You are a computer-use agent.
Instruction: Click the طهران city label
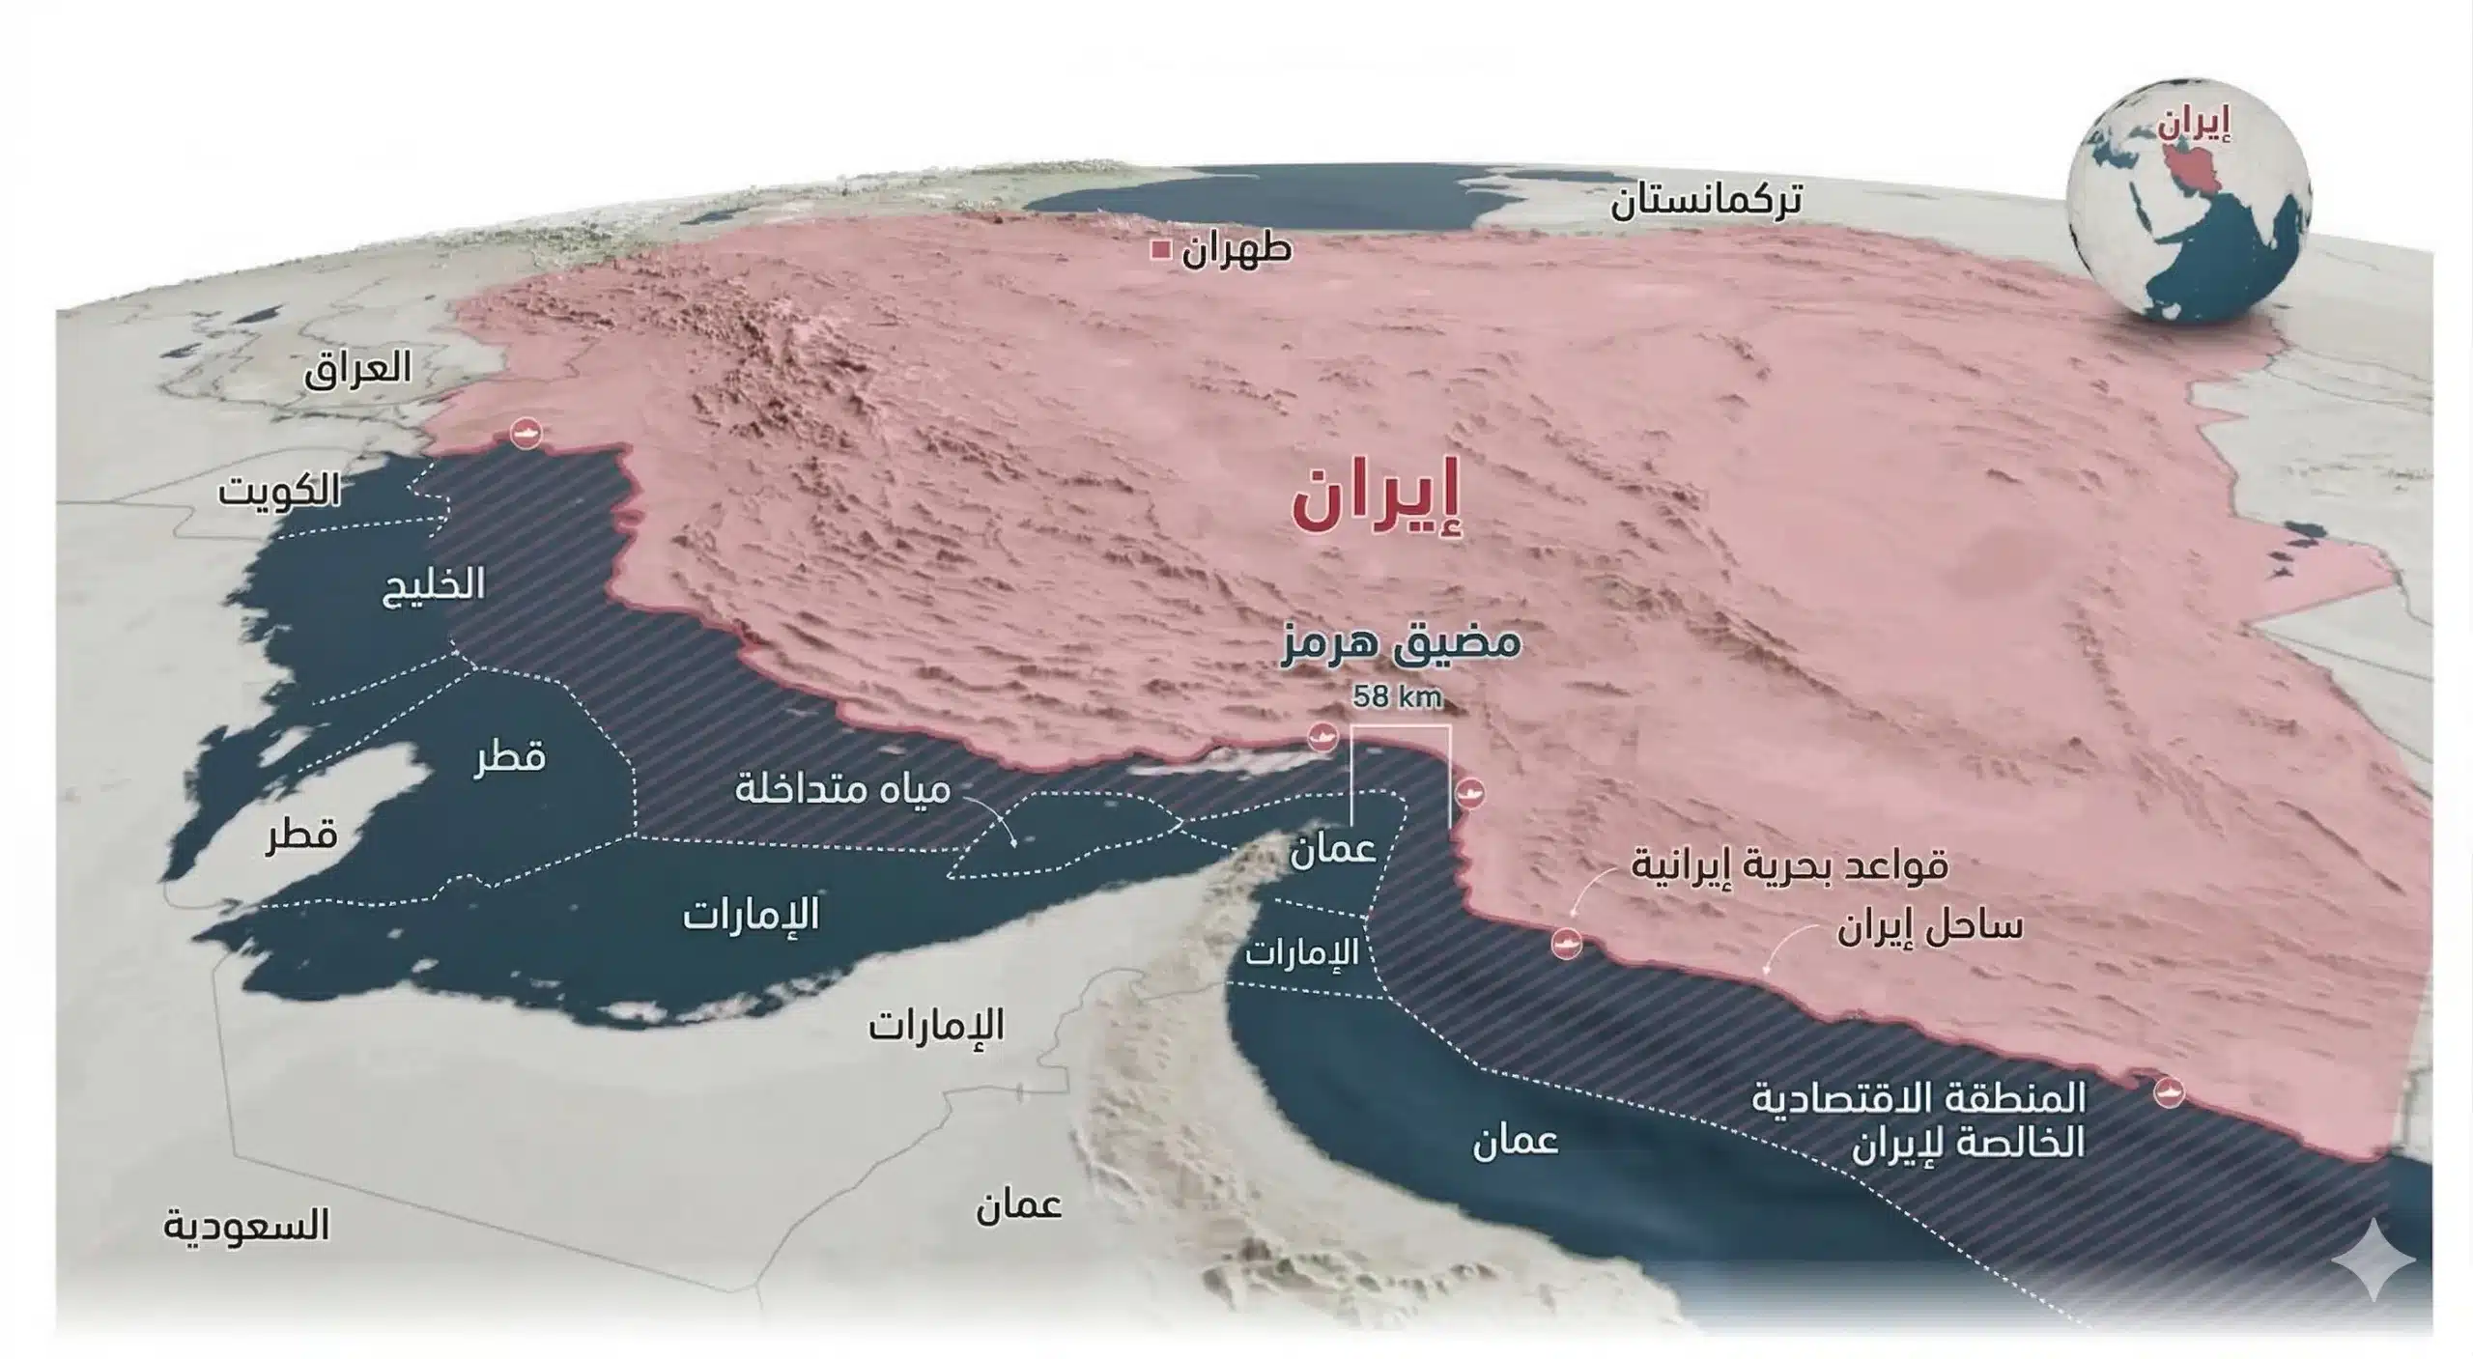(1236, 250)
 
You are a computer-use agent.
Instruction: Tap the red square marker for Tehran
(1161, 251)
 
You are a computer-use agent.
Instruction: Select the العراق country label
(357, 369)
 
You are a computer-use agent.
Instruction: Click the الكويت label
(279, 491)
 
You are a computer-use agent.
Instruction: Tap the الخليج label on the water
(434, 584)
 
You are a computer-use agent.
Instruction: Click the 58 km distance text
(1397, 696)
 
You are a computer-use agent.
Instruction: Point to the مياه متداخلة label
(842, 789)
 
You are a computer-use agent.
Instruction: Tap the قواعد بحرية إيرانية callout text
(1789, 865)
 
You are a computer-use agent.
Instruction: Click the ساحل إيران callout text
(1929, 928)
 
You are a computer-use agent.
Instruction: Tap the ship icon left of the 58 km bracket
(1322, 737)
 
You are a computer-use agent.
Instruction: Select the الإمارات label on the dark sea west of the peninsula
(751, 914)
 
